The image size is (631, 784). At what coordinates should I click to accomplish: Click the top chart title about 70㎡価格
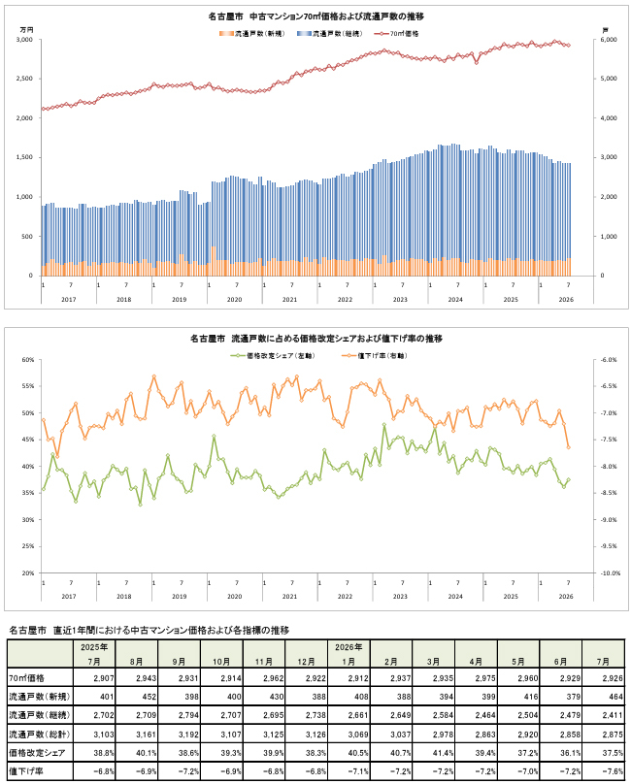[315, 16]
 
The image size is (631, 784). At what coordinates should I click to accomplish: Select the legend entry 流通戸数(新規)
[251, 34]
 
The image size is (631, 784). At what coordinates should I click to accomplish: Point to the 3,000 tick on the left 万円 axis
[24, 40]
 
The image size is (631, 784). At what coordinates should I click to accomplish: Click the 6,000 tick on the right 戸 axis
[609, 40]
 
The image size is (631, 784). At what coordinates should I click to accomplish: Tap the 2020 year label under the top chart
[234, 300]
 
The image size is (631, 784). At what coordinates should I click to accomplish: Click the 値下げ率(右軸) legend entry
[375, 355]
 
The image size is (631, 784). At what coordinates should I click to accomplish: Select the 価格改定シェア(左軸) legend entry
[273, 355]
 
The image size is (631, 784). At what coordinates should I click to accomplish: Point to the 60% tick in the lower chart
[28, 360]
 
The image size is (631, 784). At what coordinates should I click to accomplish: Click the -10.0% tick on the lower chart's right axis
[610, 573]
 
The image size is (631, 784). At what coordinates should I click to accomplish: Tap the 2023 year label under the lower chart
[400, 597]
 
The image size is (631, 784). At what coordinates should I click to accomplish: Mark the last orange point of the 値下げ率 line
[569, 447]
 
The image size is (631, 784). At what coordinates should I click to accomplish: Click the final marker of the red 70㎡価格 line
[569, 45]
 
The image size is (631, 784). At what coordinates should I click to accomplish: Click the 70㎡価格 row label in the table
[26, 678]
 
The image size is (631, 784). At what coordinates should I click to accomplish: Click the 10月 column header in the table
[221, 662]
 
